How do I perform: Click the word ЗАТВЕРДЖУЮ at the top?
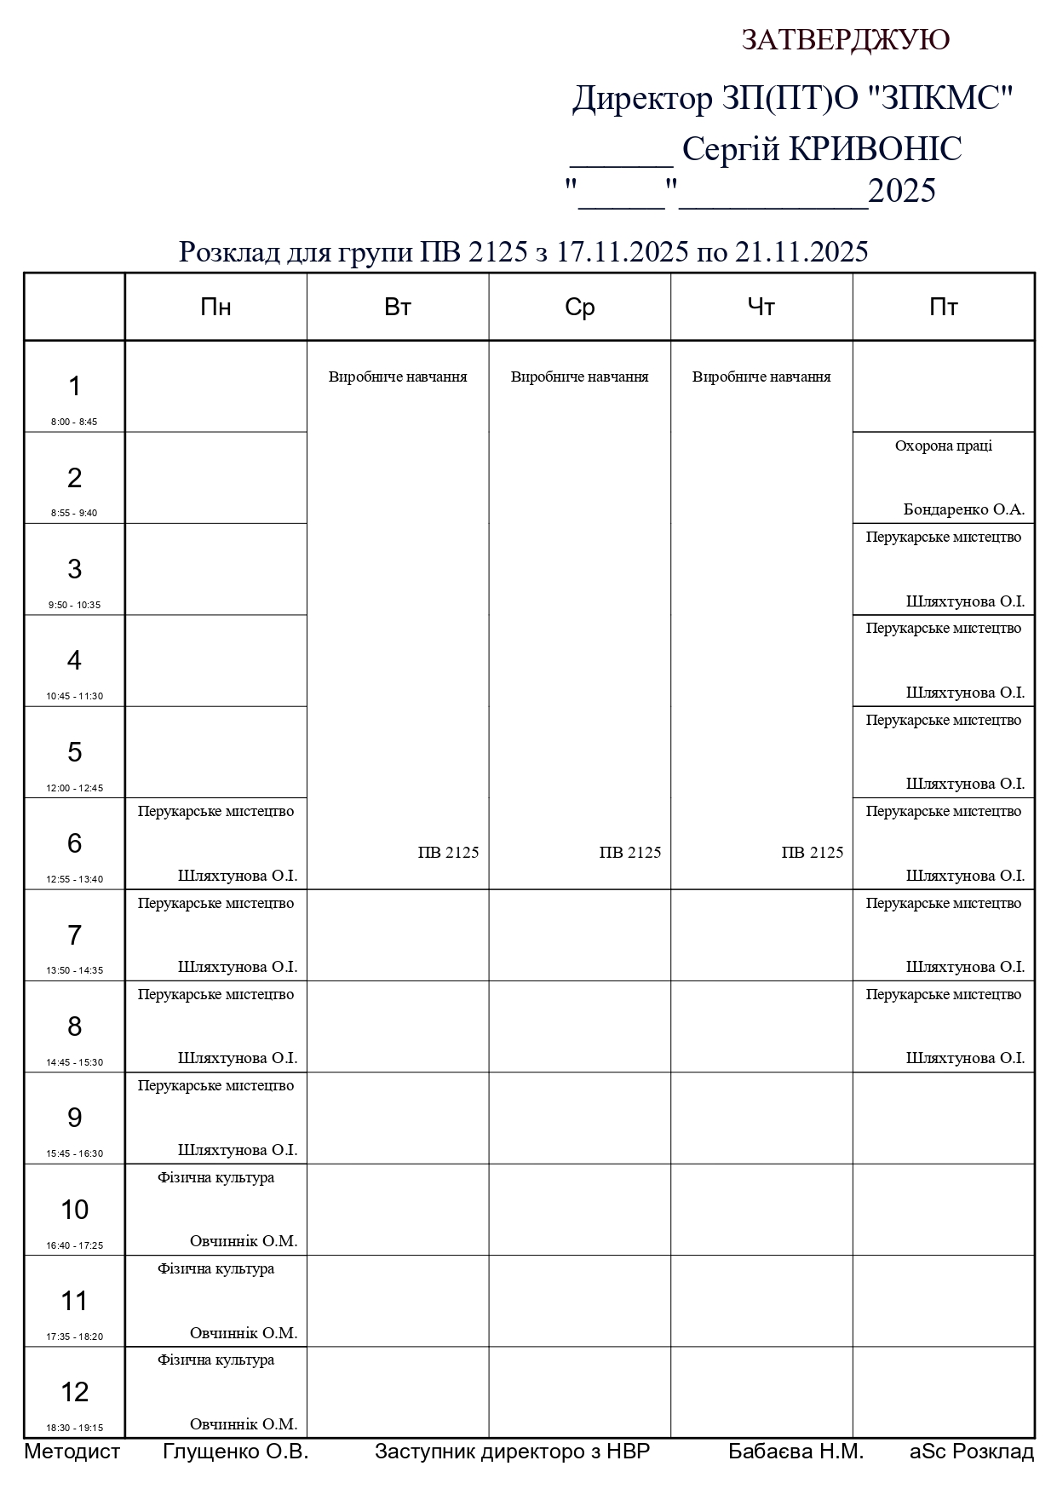(845, 40)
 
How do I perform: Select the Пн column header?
(215, 307)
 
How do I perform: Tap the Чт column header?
(761, 307)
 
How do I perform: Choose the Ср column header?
(579, 307)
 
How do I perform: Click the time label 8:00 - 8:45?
(74, 422)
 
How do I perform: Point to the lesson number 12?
(74, 1391)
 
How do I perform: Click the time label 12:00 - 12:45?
(74, 788)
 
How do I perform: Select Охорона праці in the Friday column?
(943, 446)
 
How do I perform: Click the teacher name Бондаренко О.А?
(963, 509)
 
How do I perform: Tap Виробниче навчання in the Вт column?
(398, 377)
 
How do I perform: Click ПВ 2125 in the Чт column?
(812, 852)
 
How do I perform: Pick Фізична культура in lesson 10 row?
(215, 1177)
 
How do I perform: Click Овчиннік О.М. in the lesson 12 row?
(243, 1423)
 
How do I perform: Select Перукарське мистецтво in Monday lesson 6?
(215, 811)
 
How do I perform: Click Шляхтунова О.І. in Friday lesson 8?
(964, 1058)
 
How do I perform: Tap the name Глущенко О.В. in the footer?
(235, 1452)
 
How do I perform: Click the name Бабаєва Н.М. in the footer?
(796, 1452)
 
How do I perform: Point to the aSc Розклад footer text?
(971, 1452)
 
